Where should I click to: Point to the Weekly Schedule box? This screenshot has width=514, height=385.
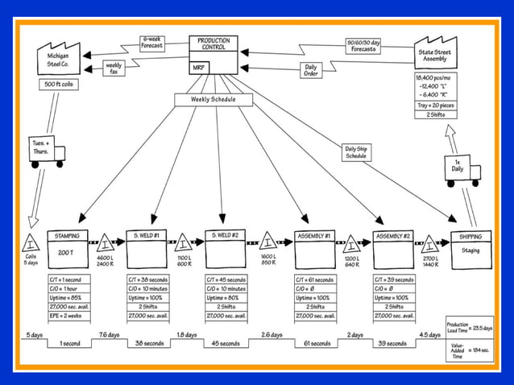click(213, 100)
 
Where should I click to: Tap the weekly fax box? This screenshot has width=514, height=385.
click(114, 68)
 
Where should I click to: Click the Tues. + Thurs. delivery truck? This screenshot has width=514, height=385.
click(48, 155)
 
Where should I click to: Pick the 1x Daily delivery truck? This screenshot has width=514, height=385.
click(462, 170)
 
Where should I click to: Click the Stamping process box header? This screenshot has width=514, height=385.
click(68, 235)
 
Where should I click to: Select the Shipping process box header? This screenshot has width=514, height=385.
click(470, 236)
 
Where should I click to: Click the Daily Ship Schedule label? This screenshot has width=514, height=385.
click(355, 151)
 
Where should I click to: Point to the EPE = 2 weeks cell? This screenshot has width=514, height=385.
click(68, 316)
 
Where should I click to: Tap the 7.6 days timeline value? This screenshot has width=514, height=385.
click(109, 334)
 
